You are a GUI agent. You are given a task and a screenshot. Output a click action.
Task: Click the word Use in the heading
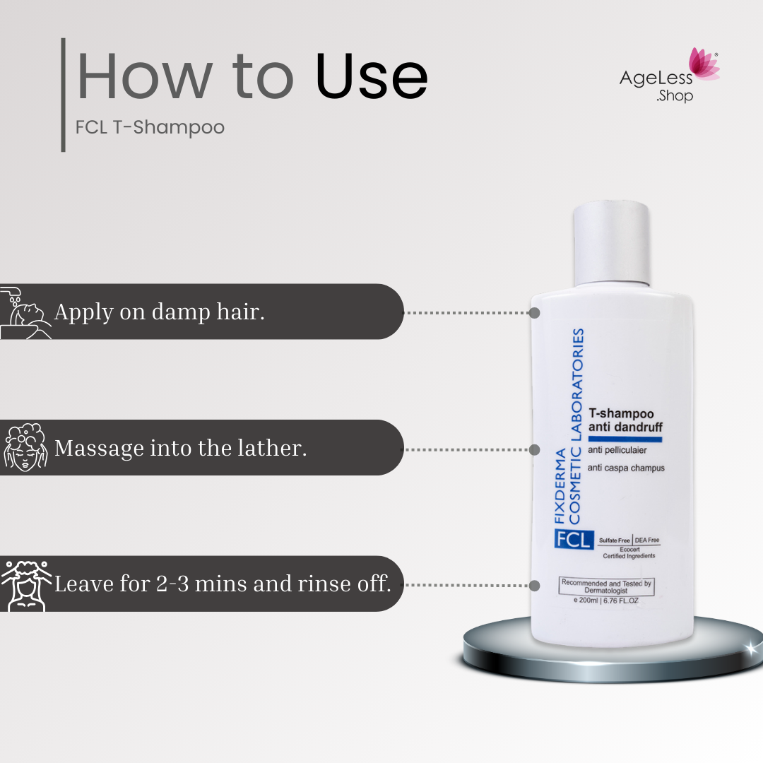pyautogui.click(x=372, y=76)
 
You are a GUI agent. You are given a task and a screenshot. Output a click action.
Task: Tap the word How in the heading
pyautogui.click(x=145, y=76)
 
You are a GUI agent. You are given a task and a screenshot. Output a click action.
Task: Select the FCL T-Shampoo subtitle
pyautogui.click(x=150, y=127)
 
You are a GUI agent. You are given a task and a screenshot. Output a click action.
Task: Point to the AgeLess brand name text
pyautogui.click(x=656, y=78)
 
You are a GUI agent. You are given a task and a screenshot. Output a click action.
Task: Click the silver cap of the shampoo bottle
pyautogui.click(x=612, y=244)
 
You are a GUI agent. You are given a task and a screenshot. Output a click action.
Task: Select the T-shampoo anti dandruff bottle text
pyautogui.click(x=625, y=420)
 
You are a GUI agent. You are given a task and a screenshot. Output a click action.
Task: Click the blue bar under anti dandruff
pyautogui.click(x=625, y=439)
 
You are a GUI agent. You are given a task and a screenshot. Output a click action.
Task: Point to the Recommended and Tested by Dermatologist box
pyautogui.click(x=606, y=586)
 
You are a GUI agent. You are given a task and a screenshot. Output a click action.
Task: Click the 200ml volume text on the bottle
pyautogui.click(x=606, y=601)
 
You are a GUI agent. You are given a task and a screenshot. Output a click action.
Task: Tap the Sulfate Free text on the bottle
pyautogui.click(x=614, y=540)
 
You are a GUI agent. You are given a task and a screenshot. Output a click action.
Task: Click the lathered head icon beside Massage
pyautogui.click(x=25, y=448)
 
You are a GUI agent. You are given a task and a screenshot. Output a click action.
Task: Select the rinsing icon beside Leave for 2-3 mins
pyautogui.click(x=26, y=586)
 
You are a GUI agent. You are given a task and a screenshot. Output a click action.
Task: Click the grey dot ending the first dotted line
pyautogui.click(x=534, y=313)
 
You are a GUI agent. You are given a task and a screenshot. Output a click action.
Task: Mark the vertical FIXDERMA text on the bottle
pyautogui.click(x=560, y=485)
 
